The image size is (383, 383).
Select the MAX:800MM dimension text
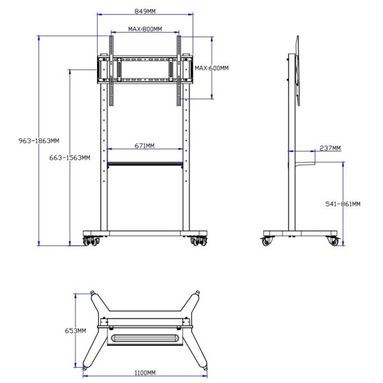(x=144, y=29)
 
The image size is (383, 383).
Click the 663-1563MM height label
(x=70, y=157)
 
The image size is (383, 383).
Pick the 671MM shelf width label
(x=144, y=146)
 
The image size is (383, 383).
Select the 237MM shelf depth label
(x=330, y=148)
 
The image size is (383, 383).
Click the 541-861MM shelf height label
(x=343, y=204)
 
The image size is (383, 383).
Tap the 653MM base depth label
(x=75, y=331)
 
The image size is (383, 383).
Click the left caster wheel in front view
(x=89, y=241)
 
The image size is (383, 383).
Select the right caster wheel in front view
(x=199, y=241)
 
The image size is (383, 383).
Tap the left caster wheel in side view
(x=266, y=241)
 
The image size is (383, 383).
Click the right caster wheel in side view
(x=333, y=241)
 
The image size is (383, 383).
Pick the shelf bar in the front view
(x=145, y=164)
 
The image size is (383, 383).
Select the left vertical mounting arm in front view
(x=111, y=70)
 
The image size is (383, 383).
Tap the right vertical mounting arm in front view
(x=179, y=70)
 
